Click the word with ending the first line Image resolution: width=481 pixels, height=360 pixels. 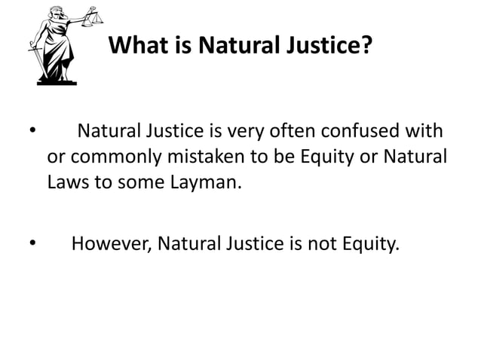tap(427, 136)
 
